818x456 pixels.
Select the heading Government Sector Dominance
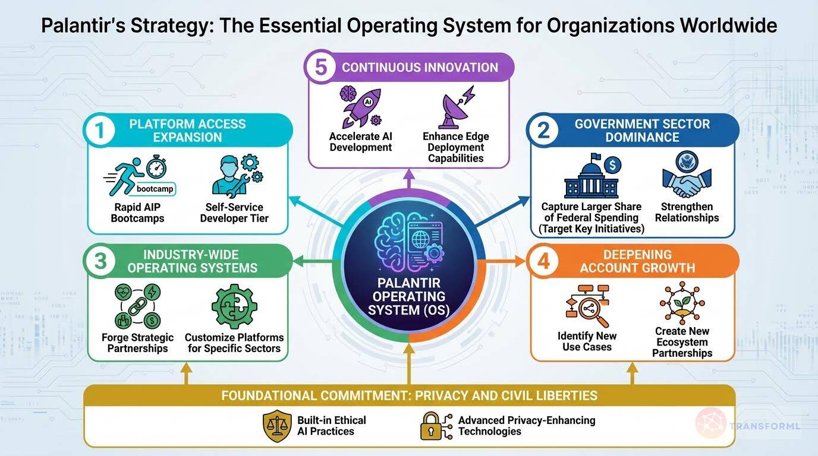642,131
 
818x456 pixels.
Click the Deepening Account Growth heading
637,261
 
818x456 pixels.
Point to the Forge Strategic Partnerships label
137,343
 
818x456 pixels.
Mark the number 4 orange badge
543,261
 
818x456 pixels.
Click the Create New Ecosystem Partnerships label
682,342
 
